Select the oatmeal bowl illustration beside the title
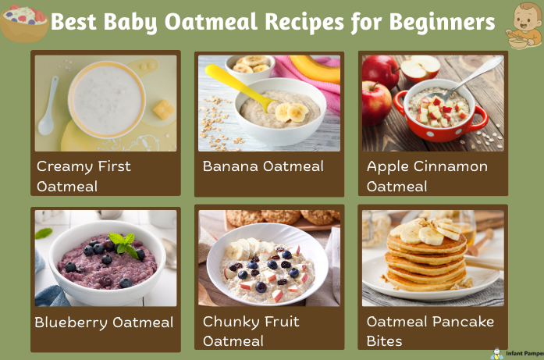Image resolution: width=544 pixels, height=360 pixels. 23,23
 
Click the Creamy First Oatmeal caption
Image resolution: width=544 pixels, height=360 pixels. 84,176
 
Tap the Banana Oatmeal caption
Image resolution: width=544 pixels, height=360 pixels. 263,166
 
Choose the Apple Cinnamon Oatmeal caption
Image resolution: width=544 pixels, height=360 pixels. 427,176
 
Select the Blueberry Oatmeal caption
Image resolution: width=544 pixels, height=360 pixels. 104,322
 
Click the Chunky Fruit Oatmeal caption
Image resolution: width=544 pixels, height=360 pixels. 251,331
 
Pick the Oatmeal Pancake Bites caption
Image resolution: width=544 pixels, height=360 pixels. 430,331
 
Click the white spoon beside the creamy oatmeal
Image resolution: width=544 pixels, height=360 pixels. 48,106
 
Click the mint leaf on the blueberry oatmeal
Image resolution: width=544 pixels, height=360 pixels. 123,243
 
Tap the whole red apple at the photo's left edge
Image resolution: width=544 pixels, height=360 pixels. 375,102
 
